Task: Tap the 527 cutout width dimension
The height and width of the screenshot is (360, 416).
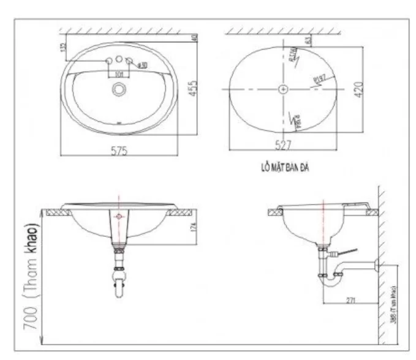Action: click(x=283, y=145)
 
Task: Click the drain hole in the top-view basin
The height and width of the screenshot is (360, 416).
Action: click(x=118, y=89)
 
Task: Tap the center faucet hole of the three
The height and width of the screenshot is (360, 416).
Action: click(x=119, y=62)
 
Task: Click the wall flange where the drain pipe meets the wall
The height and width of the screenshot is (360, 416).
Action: click(x=375, y=264)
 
